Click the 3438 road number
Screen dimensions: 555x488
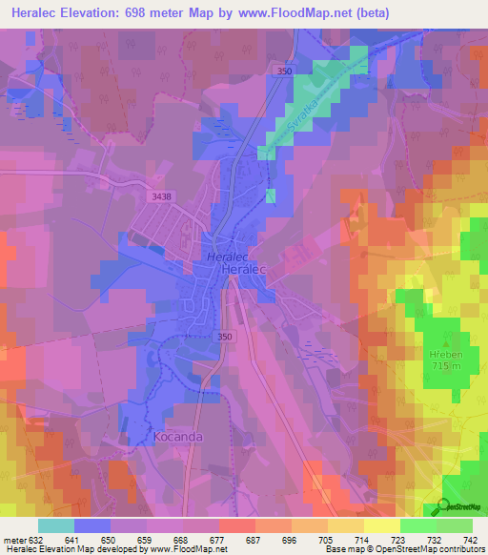pos(162,196)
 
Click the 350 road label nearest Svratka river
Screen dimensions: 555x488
pos(280,72)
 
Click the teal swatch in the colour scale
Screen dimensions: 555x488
pos(55,525)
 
